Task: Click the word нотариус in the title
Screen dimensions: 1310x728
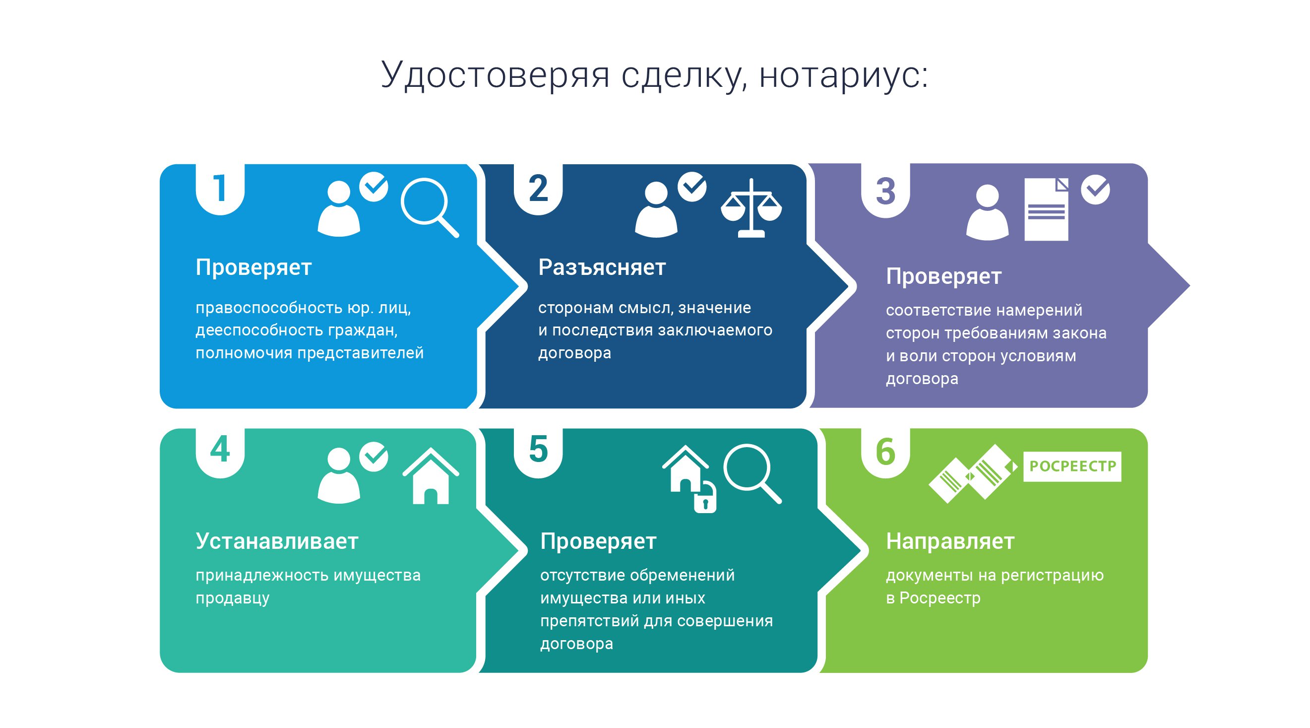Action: point(844,75)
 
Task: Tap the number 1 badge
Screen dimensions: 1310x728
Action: point(220,189)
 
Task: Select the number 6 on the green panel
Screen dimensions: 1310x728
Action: point(885,452)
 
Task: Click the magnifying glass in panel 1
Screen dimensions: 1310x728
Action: point(430,207)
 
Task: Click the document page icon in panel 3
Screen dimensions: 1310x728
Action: point(1046,209)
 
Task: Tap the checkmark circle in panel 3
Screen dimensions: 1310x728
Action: point(1095,189)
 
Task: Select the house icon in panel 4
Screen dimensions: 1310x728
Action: point(431,476)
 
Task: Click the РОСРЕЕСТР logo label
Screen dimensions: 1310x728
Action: point(1072,466)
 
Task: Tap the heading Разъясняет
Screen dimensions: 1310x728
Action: point(602,267)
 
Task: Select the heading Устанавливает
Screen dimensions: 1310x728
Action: point(277,541)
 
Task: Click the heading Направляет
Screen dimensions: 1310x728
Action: point(950,541)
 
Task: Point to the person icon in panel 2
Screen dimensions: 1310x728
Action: point(656,209)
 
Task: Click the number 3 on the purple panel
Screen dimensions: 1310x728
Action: point(885,191)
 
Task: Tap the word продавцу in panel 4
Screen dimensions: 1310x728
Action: point(233,598)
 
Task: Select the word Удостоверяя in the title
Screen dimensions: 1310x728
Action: point(496,75)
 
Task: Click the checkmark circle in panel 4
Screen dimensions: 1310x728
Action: point(374,457)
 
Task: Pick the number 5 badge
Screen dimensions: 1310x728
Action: point(538,452)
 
